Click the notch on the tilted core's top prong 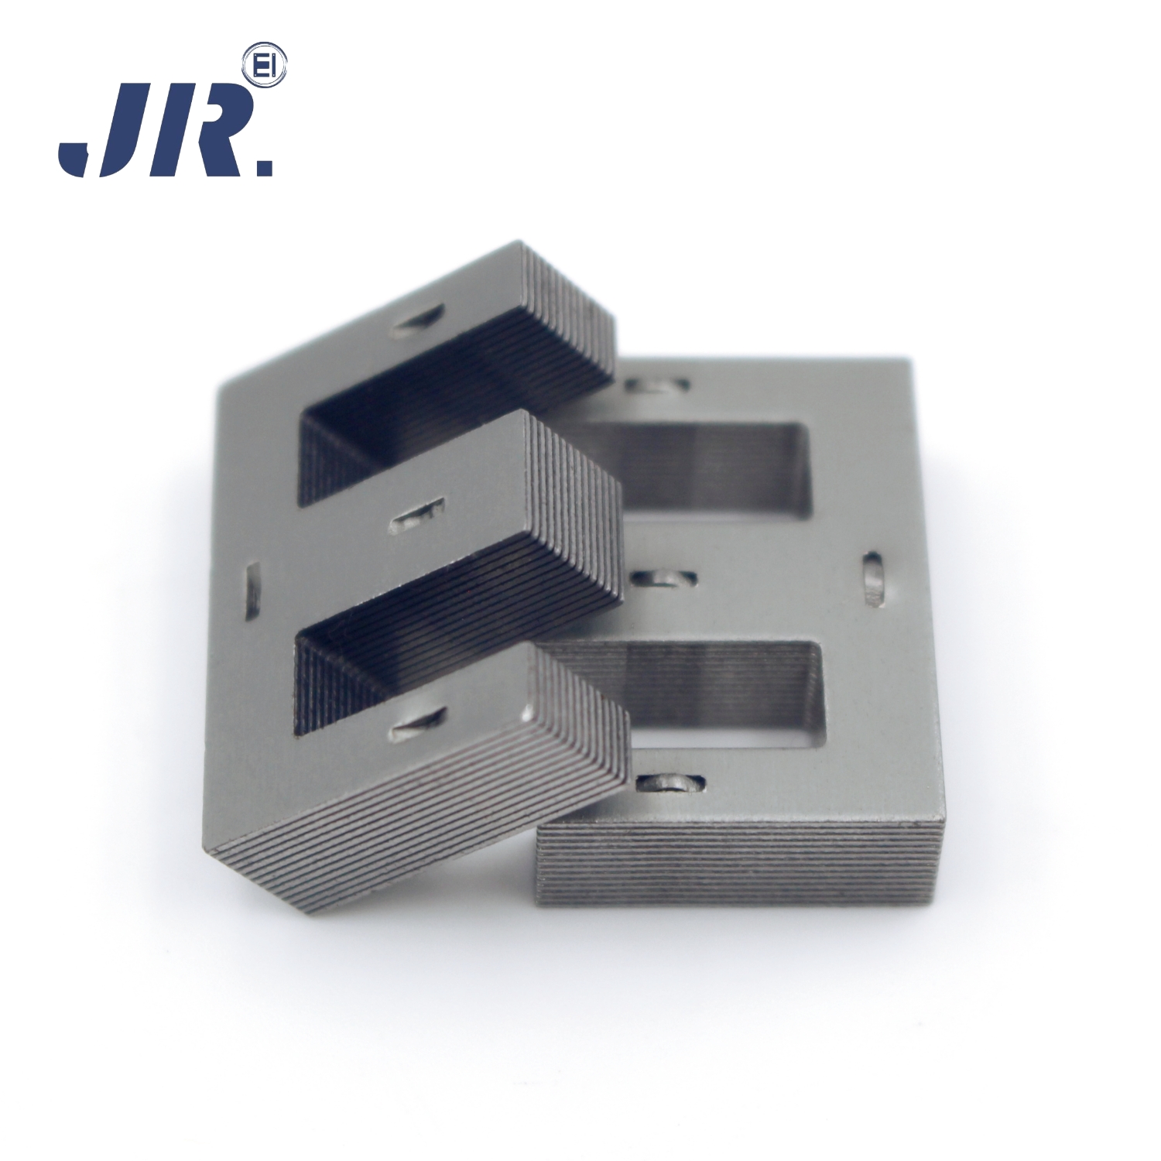418,324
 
